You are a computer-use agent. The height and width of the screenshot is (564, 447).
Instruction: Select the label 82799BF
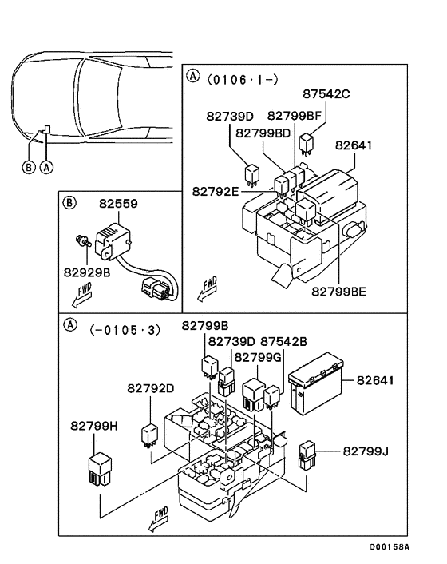pyautogui.click(x=294, y=115)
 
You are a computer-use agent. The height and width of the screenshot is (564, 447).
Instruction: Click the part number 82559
pyautogui.click(x=118, y=205)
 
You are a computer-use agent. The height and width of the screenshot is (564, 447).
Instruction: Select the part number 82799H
pyautogui.click(x=94, y=427)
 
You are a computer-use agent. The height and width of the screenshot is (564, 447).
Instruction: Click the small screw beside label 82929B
pyautogui.click(x=79, y=238)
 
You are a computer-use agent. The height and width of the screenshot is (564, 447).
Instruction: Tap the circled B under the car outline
pyautogui.click(x=29, y=167)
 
